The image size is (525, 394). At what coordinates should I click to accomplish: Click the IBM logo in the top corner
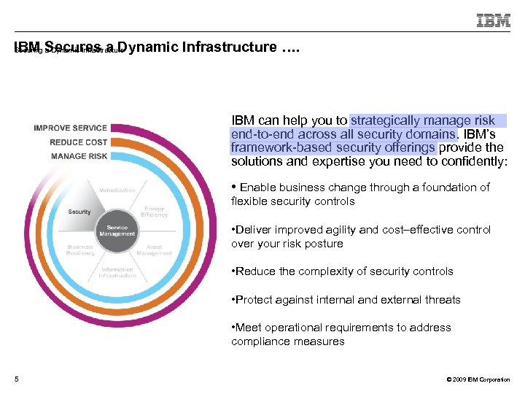tap(494, 20)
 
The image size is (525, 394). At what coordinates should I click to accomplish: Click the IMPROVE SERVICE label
tap(70, 128)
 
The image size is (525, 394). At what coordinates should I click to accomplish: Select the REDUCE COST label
tap(78, 142)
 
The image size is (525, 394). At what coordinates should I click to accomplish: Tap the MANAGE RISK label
tap(79, 156)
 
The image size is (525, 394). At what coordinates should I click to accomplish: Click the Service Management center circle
tap(117, 231)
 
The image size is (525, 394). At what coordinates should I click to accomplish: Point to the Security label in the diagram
tap(79, 212)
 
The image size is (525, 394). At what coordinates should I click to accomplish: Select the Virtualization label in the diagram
tap(117, 190)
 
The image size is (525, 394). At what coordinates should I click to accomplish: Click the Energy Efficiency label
tap(155, 212)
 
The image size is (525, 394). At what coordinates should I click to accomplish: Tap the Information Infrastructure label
tap(117, 273)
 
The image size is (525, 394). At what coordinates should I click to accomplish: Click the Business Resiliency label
tap(80, 250)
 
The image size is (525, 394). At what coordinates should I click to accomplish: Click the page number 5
tap(16, 379)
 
